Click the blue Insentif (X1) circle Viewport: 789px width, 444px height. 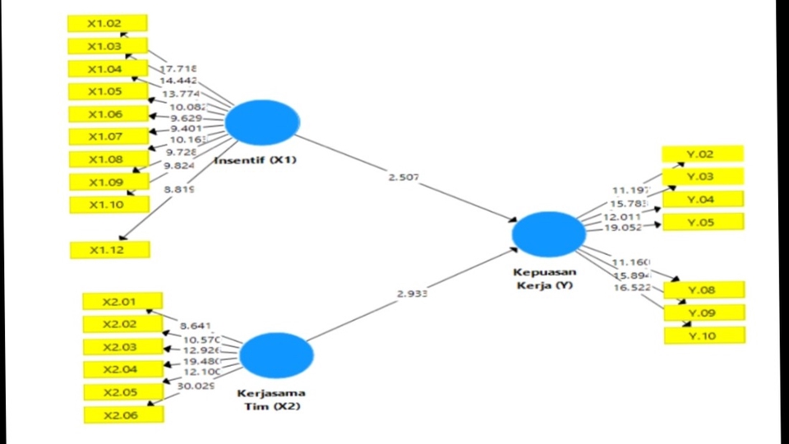tap(261, 122)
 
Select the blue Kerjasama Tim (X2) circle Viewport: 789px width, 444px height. tap(276, 354)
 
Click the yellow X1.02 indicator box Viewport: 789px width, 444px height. tap(107, 23)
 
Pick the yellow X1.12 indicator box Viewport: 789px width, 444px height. tap(110, 249)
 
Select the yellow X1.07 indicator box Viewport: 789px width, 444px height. tap(108, 136)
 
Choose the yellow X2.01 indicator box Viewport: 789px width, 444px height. tap(122, 302)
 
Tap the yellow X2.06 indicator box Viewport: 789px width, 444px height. tap(123, 415)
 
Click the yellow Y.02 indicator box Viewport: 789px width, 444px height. tap(703, 154)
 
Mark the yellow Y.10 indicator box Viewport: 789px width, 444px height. tap(704, 335)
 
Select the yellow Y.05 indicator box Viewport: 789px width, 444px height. tap(703, 222)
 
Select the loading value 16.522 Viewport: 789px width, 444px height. tap(632, 287)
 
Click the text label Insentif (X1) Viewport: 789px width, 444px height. tap(255, 160)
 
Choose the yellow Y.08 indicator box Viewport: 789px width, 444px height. tap(704, 289)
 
